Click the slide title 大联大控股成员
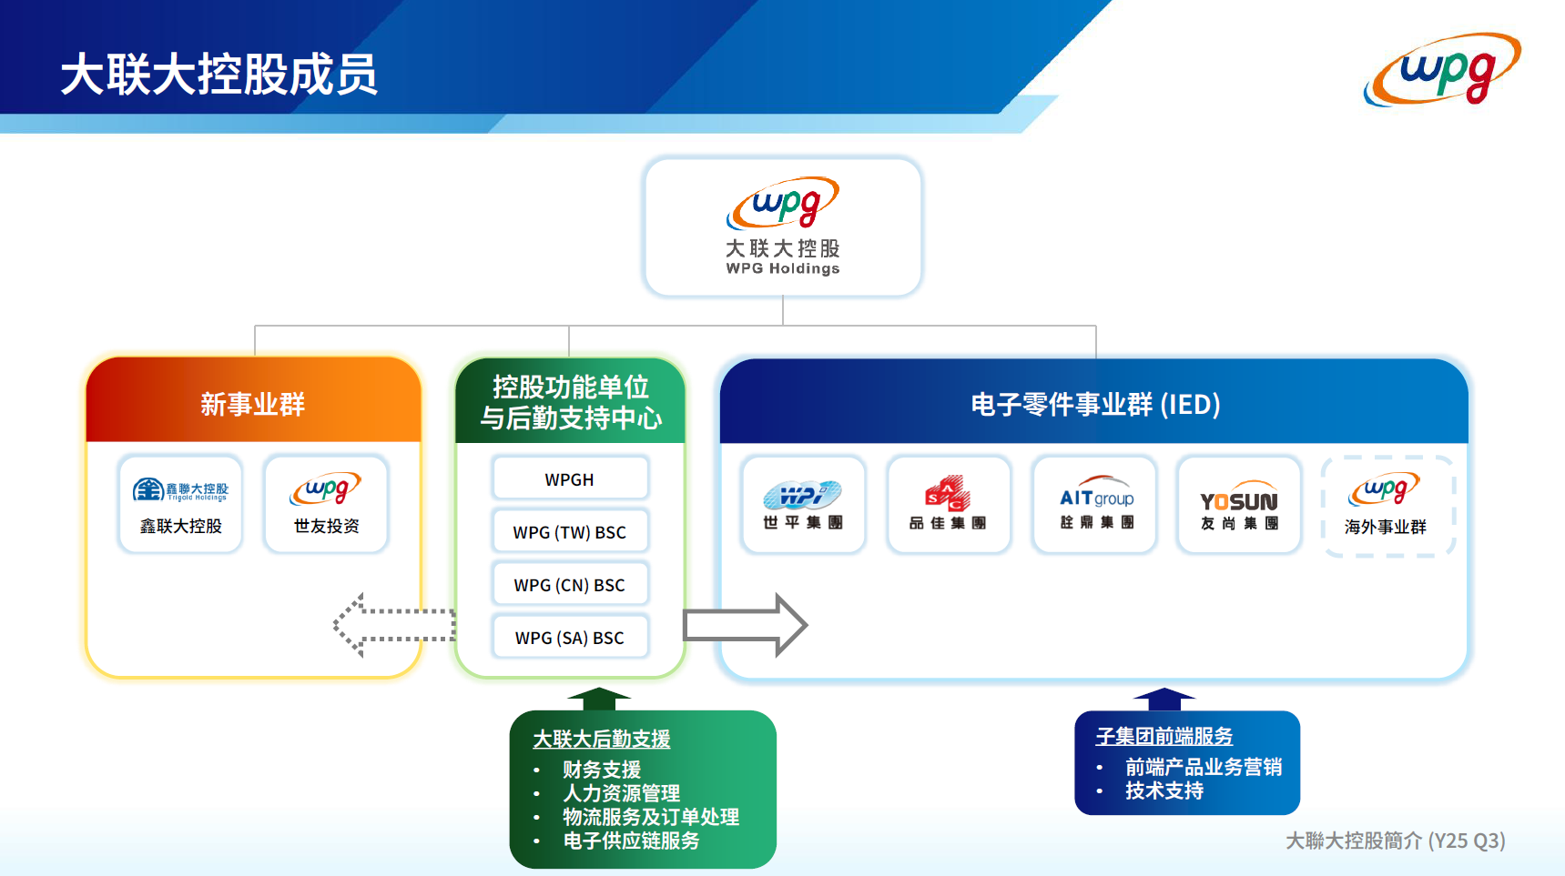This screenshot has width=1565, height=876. tap(218, 75)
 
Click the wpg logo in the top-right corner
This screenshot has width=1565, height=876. tap(1442, 69)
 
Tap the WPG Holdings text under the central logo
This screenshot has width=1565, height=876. tap(783, 268)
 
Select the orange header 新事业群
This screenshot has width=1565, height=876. tap(253, 404)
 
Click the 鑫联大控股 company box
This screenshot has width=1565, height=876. tap(180, 504)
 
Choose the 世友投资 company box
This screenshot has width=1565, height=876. tap(326, 504)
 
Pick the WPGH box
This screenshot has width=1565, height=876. tap(570, 479)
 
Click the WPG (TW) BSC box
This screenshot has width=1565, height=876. tap(570, 532)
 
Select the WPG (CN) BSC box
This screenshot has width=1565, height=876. tap(570, 585)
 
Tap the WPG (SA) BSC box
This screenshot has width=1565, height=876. tap(570, 638)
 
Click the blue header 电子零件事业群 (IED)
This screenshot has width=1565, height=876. tap(1095, 404)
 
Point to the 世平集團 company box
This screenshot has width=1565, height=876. tap(803, 505)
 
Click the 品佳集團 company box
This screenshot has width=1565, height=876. tap(948, 505)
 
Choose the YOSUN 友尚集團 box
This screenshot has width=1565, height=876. tap(1239, 505)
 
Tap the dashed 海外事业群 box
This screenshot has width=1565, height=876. tap(1386, 506)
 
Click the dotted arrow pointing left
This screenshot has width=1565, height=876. tap(393, 625)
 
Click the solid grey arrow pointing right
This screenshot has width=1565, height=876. tap(745, 625)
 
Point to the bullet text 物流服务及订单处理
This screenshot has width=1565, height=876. tap(650, 817)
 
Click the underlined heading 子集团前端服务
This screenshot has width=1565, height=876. tap(1164, 736)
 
